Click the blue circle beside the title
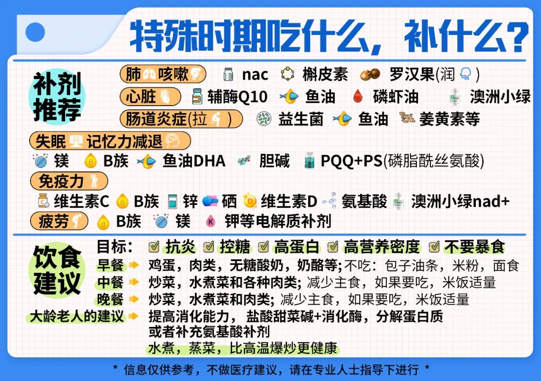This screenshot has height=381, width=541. point(35,32)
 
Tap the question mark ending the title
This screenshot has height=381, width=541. point(515,36)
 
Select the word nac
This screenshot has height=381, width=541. point(255,75)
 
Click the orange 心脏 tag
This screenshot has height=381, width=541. point(150,97)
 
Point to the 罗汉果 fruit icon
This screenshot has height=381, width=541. point(370,75)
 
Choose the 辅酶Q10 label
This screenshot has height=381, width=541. point(237,97)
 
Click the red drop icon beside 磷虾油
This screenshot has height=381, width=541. point(358,97)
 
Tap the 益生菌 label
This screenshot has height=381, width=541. point(301,119)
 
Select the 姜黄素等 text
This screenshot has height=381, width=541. point(449,119)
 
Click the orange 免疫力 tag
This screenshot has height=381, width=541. point(69,181)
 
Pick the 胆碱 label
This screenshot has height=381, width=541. point(275,161)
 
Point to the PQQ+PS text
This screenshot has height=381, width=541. point(351,161)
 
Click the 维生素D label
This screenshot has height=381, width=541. point(289,201)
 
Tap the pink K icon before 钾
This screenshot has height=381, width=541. point(210,221)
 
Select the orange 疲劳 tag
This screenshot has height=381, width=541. point(59,221)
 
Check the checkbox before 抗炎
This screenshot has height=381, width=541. point(154,246)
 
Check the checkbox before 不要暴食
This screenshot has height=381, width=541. point(434,246)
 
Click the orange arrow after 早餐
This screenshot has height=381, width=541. point(134,265)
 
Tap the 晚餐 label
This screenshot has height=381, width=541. point(110,299)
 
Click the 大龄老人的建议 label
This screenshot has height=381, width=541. point(77,316)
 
